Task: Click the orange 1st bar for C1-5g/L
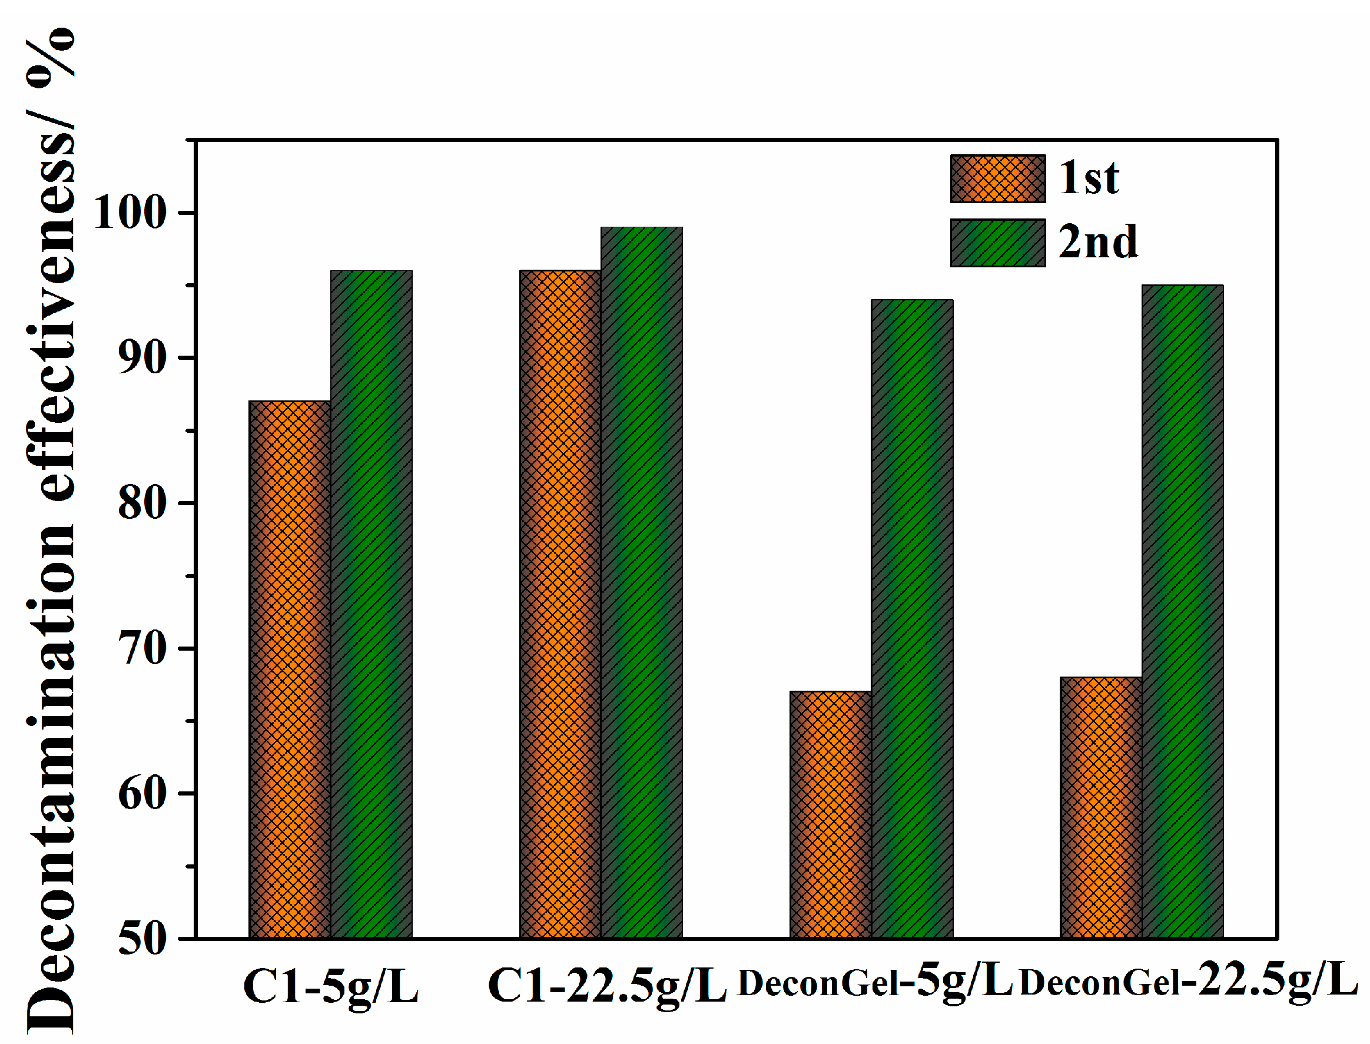click(290, 670)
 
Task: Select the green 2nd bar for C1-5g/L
click(371, 604)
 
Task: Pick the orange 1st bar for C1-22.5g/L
click(560, 604)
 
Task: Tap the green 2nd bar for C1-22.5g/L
click(642, 582)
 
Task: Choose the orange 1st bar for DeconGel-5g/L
click(831, 814)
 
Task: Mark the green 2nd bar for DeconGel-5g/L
click(912, 618)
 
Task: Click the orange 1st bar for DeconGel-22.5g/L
click(1101, 807)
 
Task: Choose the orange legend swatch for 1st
click(998, 179)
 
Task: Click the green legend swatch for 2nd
click(998, 243)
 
